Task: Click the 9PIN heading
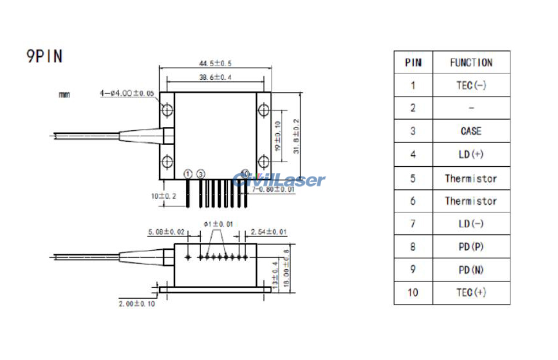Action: coord(44,57)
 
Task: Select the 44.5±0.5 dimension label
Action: coord(216,63)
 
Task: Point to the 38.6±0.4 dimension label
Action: coord(216,77)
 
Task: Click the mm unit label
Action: coord(64,95)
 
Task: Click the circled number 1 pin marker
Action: coord(188,174)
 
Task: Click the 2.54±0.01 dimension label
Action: coord(268,231)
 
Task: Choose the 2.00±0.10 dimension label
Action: coord(136,303)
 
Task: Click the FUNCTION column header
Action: coord(470,62)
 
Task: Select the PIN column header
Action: coord(413,62)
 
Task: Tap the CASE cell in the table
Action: coord(470,131)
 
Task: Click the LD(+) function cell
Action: coord(470,155)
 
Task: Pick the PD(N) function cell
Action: coord(470,270)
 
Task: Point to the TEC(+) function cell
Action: coord(470,293)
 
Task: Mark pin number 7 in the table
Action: coord(413,223)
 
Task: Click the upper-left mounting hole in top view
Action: coord(167,111)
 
